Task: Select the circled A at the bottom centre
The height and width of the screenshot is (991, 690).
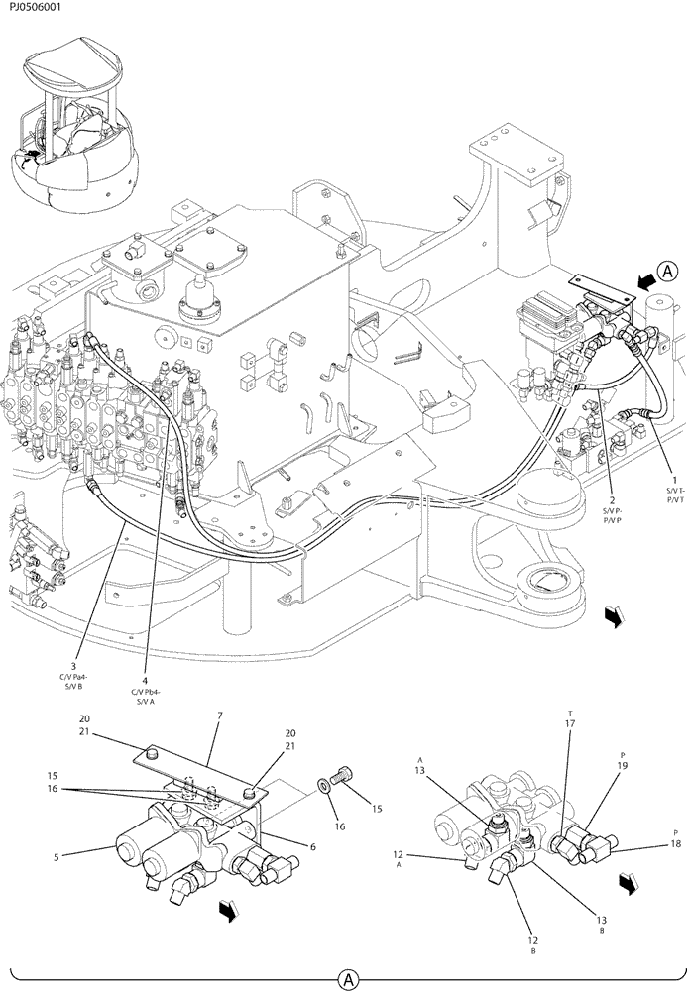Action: tap(348, 979)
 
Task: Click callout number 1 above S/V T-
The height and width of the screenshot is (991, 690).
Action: tap(674, 481)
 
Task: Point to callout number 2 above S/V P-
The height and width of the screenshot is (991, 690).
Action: tap(612, 500)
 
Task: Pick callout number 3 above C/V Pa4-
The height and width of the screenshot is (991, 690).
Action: tap(73, 666)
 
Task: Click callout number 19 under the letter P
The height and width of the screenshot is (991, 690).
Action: tap(622, 765)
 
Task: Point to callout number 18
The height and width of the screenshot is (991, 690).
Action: tap(676, 844)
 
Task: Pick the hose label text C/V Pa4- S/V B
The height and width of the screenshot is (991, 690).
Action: tap(73, 683)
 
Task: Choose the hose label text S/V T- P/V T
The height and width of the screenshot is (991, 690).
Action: tap(674, 498)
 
